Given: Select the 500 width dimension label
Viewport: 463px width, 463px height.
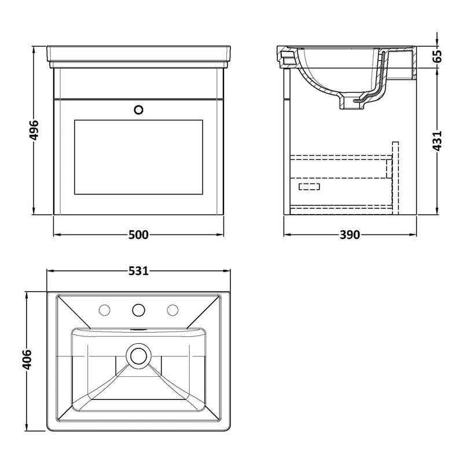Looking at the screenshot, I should [139, 234].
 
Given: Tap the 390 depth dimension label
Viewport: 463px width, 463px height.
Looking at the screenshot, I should [350, 234].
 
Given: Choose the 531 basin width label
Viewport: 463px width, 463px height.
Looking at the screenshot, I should [139, 271].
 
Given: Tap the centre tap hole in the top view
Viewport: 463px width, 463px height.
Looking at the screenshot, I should [138, 310].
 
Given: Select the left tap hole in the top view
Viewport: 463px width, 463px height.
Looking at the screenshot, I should [105, 310].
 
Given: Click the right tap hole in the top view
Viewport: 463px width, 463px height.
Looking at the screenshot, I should [172, 310].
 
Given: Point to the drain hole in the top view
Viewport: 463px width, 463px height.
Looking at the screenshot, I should [138, 354].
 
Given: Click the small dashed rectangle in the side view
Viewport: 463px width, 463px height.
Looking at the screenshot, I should [309, 186].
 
